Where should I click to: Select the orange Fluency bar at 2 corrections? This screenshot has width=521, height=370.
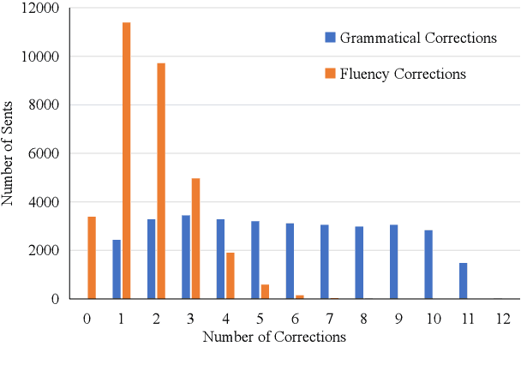click(161, 181)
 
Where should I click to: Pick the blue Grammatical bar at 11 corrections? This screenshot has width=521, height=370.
click(464, 281)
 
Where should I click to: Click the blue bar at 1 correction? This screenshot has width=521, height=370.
click(117, 269)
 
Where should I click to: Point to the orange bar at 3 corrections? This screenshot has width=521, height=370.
click(196, 239)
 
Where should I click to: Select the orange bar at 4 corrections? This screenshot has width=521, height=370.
click(231, 276)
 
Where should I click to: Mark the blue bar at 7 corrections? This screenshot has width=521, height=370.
click(325, 262)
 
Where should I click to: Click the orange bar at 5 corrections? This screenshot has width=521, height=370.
click(266, 291)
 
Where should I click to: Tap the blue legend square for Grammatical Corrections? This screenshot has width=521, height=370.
click(329, 38)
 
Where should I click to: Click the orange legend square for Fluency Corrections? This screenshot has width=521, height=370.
click(329, 74)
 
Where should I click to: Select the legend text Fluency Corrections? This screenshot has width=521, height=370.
click(404, 74)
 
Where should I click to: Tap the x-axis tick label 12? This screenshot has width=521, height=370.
click(503, 319)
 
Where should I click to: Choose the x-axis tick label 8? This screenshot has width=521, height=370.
click(364, 319)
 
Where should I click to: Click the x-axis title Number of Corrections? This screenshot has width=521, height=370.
click(274, 337)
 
